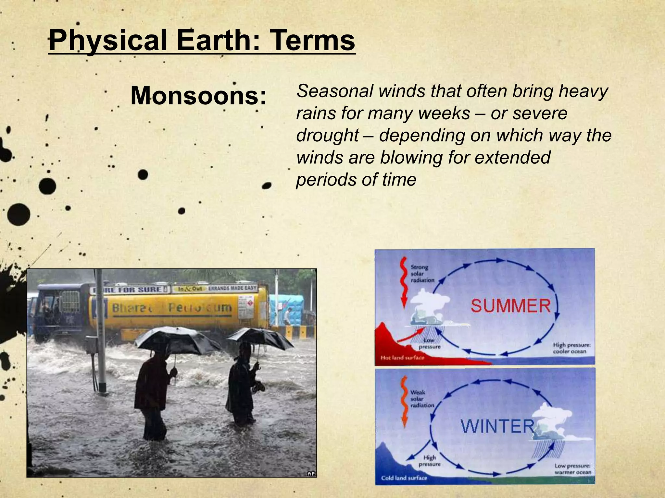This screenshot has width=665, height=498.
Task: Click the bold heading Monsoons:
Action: pyautogui.click(x=198, y=96)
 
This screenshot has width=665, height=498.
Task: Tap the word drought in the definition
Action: pyautogui.click(x=328, y=136)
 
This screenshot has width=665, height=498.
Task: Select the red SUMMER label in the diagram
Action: pyautogui.click(x=511, y=306)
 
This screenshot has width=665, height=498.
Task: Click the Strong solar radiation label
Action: pyautogui.click(x=422, y=274)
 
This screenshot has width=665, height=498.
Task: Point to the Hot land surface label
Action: pyautogui.click(x=402, y=358)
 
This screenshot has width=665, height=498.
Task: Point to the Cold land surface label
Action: pyautogui.click(x=404, y=478)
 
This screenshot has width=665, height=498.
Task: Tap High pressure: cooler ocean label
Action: pyautogui.click(x=572, y=348)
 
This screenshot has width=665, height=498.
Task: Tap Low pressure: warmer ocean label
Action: pyautogui.click(x=572, y=469)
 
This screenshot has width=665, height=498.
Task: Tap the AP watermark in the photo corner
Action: pyautogui.click(x=311, y=474)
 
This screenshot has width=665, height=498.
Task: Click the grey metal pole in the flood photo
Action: pyautogui.click(x=101, y=334)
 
